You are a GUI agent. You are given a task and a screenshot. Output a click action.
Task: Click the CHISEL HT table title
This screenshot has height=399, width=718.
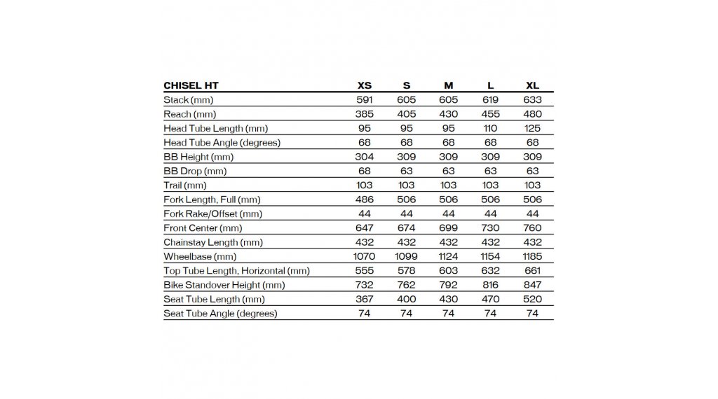tap(191, 85)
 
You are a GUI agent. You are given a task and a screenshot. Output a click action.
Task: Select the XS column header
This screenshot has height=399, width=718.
tap(365, 85)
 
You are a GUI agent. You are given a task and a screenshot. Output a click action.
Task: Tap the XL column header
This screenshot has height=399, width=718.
tap(532, 85)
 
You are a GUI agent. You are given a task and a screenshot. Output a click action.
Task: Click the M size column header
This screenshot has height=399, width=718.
tap(449, 85)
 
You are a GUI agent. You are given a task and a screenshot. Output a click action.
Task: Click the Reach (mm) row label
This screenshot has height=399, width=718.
tap(189, 114)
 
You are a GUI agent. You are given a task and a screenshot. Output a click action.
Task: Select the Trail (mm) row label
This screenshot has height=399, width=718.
tap(185, 185)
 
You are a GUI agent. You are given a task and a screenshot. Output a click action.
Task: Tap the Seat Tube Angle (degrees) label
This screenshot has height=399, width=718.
tap(220, 313)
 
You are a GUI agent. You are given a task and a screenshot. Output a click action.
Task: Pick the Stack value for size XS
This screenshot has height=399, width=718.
tap(365, 99)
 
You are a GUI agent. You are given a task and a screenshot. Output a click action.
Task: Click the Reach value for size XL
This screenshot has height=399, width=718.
tap(532, 114)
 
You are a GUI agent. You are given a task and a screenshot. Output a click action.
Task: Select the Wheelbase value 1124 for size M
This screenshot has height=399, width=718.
tap(449, 256)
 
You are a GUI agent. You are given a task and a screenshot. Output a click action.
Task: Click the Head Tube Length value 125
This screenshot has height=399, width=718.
tap(532, 128)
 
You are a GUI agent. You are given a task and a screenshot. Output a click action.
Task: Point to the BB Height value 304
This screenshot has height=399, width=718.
tap(365, 157)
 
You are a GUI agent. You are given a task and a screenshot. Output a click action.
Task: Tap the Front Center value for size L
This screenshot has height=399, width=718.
tap(491, 227)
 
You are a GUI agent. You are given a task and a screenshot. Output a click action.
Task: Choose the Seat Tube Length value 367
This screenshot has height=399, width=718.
tap(365, 299)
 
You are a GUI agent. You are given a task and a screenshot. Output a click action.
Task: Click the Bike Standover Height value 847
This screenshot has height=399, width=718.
tap(532, 285)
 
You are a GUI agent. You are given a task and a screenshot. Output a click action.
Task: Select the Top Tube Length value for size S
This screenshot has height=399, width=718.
tap(407, 270)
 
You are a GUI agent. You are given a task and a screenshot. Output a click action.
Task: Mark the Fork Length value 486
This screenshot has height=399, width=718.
tap(365, 199)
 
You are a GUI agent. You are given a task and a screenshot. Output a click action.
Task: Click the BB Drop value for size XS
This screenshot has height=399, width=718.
tap(365, 171)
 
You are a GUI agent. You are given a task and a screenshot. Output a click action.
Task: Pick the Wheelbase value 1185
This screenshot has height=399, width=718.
tap(532, 256)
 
